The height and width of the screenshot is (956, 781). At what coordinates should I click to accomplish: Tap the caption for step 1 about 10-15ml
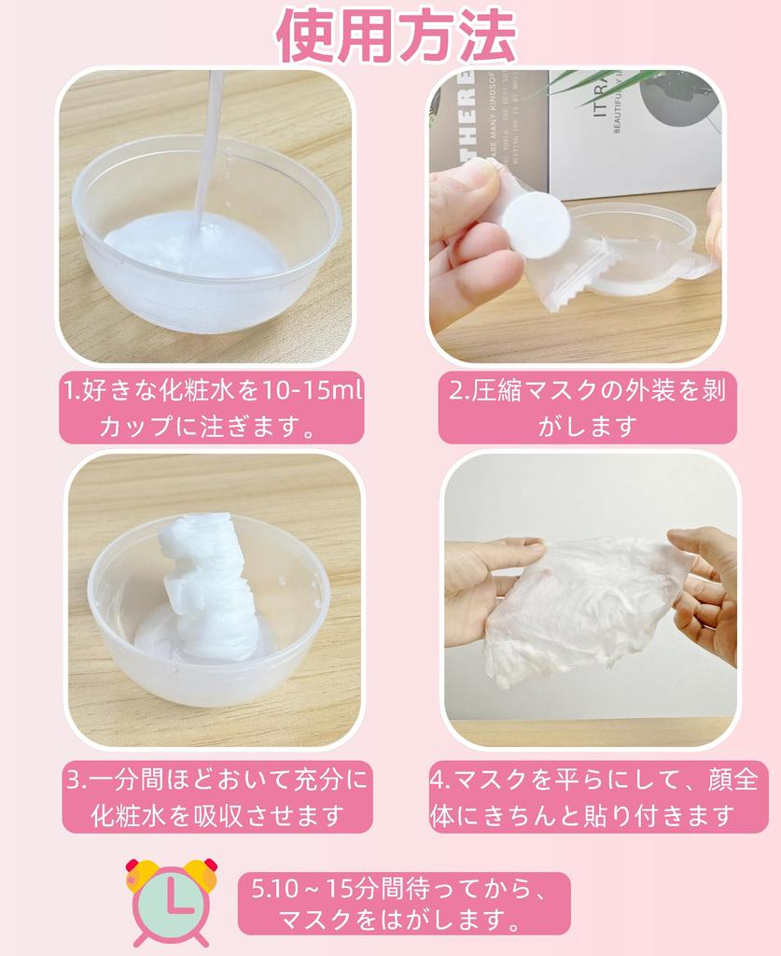211,408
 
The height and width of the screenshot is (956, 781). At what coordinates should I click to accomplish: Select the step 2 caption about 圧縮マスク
587,408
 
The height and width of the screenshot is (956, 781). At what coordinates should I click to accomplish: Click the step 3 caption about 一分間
216,796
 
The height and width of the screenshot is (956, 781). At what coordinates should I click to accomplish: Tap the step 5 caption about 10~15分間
403,903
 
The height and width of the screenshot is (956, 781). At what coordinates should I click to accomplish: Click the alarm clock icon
171,900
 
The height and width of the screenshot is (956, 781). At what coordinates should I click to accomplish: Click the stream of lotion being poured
207,140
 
